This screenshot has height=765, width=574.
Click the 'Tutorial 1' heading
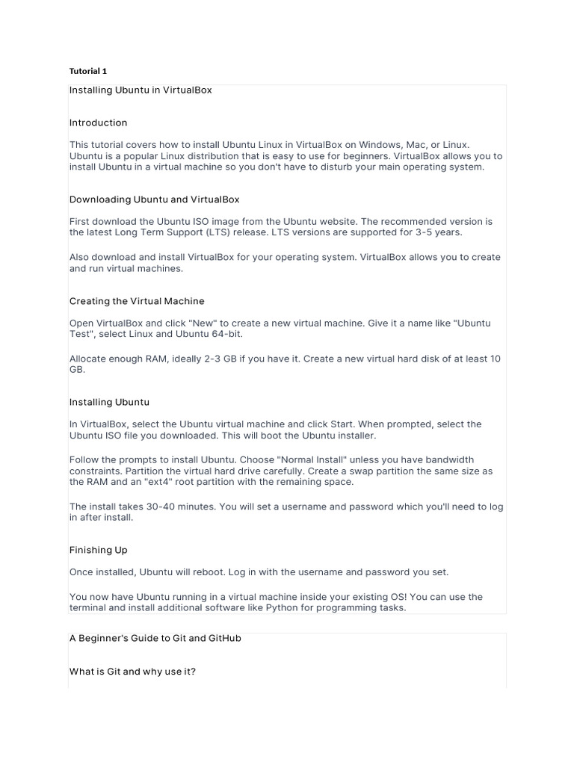(x=88, y=71)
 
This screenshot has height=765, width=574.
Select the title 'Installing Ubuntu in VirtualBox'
(x=141, y=90)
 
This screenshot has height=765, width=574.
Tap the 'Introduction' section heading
(x=98, y=123)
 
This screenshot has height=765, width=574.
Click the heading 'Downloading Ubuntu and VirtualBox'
(x=154, y=199)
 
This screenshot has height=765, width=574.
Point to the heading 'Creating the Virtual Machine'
(x=137, y=301)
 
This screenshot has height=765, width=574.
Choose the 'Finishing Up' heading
(x=98, y=550)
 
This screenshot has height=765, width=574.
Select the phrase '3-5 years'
(x=440, y=232)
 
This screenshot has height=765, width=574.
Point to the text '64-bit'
(x=226, y=334)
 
